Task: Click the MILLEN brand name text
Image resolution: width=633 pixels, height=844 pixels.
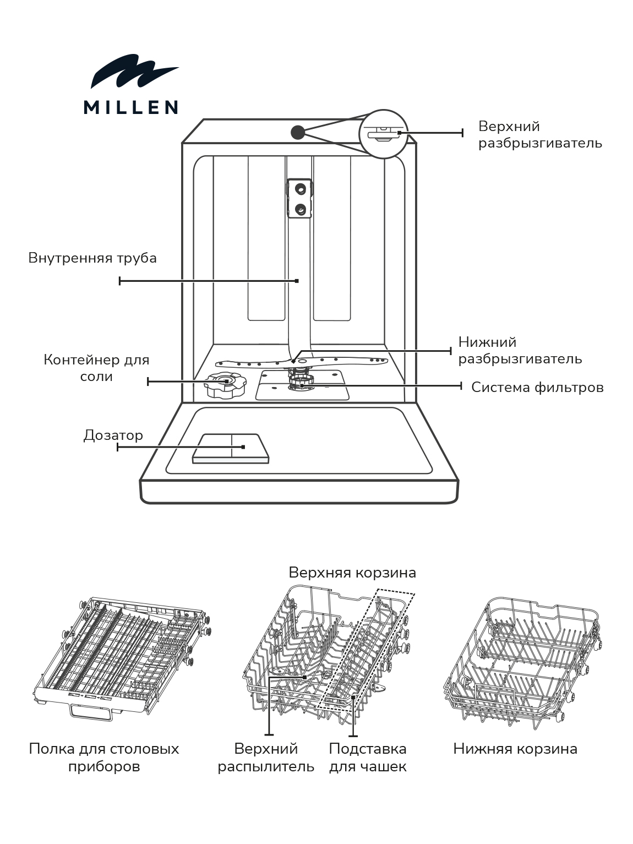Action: pyautogui.click(x=130, y=107)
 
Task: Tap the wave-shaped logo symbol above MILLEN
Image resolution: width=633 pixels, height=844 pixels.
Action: pyautogui.click(x=134, y=72)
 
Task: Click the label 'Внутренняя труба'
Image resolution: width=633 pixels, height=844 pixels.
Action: pyautogui.click(x=92, y=258)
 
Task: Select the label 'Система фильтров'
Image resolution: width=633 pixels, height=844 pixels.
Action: pyautogui.click(x=537, y=388)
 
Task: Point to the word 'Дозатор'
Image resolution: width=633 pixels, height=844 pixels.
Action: pyautogui.click(x=113, y=435)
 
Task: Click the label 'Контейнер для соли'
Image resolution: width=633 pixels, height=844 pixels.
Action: pyautogui.click(x=96, y=368)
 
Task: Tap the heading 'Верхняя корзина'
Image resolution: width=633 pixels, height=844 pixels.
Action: pyautogui.click(x=352, y=573)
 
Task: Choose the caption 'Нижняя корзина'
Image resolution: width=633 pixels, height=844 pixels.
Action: pyautogui.click(x=515, y=749)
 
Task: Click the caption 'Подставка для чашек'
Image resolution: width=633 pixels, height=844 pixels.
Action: pyautogui.click(x=368, y=758)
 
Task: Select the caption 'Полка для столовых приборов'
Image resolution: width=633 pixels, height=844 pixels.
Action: pyautogui.click(x=104, y=758)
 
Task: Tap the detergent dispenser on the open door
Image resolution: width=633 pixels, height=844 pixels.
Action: pyautogui.click(x=231, y=448)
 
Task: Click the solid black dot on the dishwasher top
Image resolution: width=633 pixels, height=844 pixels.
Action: pyautogui.click(x=298, y=132)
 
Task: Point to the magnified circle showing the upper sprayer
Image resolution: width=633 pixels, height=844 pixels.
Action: pyautogui.click(x=384, y=134)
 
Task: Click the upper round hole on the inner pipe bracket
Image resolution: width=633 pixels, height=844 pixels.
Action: pyautogui.click(x=300, y=188)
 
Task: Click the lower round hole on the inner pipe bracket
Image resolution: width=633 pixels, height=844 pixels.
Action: pyautogui.click(x=300, y=208)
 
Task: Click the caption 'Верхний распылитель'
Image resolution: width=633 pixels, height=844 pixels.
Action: pyautogui.click(x=266, y=758)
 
